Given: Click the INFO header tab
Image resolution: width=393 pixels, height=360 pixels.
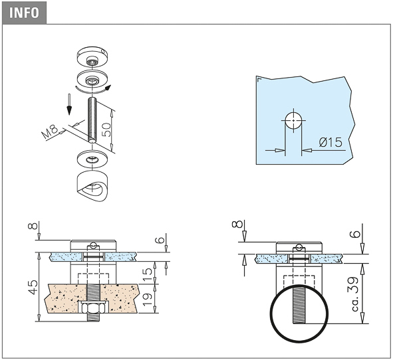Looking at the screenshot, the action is pyautogui.click(x=24, y=13).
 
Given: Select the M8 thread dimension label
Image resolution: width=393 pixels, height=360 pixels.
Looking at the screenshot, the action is pyautogui.click(x=50, y=132).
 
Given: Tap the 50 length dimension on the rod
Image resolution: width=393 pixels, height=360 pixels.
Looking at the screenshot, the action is pyautogui.click(x=107, y=129).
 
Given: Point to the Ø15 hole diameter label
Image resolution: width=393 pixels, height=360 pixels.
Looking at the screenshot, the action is pyautogui.click(x=330, y=142).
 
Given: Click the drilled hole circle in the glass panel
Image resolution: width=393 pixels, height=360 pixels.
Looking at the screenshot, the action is pyautogui.click(x=293, y=120).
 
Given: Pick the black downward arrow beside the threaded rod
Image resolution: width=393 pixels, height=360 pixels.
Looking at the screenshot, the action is pyautogui.click(x=69, y=104).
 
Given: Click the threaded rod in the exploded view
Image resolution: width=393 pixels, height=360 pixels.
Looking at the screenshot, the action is pyautogui.click(x=92, y=120).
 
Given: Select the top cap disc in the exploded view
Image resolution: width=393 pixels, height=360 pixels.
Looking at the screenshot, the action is pyautogui.click(x=92, y=58).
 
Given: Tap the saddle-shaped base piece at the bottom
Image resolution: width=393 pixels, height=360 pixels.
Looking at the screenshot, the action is pyautogui.click(x=92, y=186).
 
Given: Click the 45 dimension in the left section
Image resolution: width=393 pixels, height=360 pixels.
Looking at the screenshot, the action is pyautogui.click(x=33, y=287).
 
